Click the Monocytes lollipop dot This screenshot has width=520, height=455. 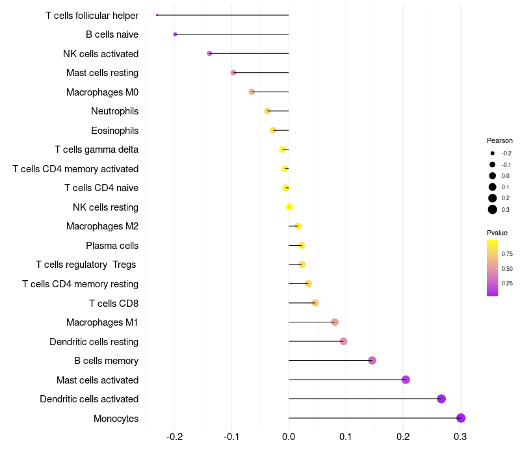tap(461, 418)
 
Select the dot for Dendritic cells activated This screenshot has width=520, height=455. tap(441, 399)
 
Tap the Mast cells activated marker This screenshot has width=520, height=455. tap(406, 380)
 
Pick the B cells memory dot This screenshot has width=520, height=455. tap(372, 361)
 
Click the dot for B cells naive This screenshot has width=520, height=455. tap(175, 34)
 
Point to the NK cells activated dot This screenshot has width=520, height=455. tap(209, 53)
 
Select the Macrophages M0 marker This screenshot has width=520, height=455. tap(252, 92)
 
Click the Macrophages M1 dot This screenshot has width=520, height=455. tap(335, 322)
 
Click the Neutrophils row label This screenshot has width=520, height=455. tap(114, 111)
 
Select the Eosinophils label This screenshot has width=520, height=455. tap(114, 130)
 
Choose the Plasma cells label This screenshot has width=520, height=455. tap(112, 246)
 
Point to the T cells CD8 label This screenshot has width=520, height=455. tap(113, 303)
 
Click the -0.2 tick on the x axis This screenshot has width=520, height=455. tap(174, 435)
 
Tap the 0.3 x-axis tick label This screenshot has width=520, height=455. tap(460, 435)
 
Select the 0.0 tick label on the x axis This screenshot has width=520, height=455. tap(289, 435)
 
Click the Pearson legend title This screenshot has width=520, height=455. tap(500, 140)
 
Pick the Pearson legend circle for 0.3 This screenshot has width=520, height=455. tap(493, 209)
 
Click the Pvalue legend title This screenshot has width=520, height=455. tap(497, 233)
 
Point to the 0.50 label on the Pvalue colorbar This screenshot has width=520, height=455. tap(507, 268)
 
